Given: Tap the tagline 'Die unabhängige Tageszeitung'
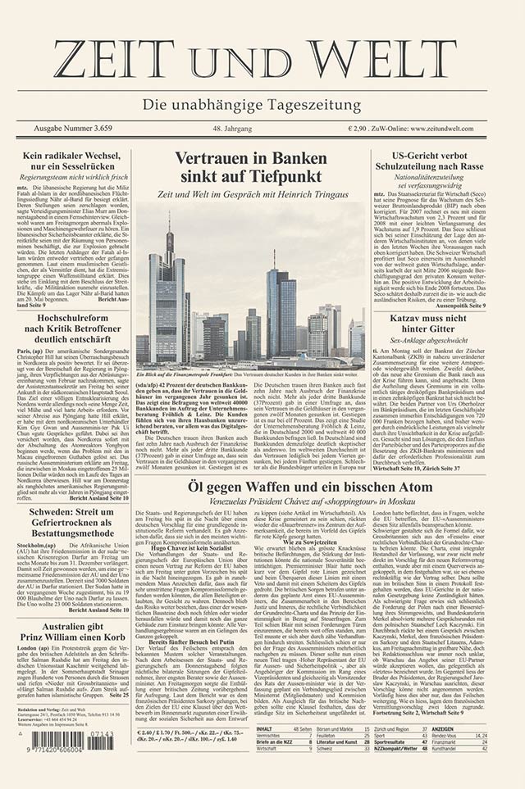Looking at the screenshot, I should coord(262,106).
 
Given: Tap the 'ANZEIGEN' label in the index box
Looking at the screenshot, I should coord(443,728).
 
